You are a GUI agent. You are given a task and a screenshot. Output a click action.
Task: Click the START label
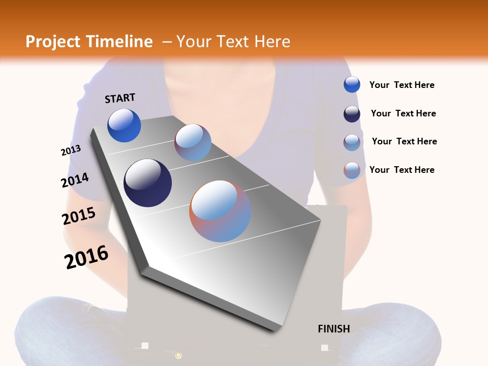(x=120, y=98)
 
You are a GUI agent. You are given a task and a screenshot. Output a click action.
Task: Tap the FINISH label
(x=333, y=329)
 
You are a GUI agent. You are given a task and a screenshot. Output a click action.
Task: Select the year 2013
(x=71, y=150)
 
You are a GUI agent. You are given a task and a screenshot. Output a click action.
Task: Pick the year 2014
(x=75, y=180)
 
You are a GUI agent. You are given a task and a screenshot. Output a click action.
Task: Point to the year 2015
(x=79, y=216)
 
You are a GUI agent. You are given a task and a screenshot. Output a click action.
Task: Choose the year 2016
(x=86, y=257)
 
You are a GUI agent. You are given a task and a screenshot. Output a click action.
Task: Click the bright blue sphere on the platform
(x=124, y=126)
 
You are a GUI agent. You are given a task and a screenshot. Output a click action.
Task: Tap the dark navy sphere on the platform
(x=147, y=183)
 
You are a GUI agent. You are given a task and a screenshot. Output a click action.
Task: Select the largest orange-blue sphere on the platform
(x=220, y=211)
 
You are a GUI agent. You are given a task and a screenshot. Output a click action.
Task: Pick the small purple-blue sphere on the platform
(x=193, y=142)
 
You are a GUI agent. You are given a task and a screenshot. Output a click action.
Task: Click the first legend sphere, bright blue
(x=352, y=84)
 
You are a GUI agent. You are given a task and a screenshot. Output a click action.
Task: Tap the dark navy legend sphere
(x=352, y=114)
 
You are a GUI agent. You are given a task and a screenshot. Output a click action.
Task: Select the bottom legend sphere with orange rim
(x=352, y=170)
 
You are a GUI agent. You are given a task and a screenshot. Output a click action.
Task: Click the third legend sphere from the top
(x=352, y=142)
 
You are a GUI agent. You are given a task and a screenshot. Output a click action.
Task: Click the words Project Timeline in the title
(x=89, y=42)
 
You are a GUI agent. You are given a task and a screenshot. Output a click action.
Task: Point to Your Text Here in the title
(x=233, y=42)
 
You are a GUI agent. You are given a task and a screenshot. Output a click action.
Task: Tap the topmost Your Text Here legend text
(x=402, y=85)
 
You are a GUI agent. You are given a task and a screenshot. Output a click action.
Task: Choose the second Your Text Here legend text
(x=403, y=113)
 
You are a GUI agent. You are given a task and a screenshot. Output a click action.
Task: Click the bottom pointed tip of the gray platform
(x=275, y=331)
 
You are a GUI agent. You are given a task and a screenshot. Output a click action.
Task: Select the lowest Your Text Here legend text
(x=402, y=170)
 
